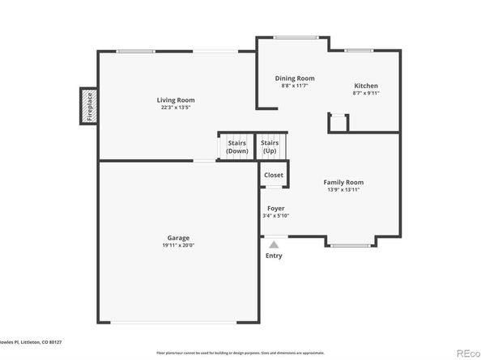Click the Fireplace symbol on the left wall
[88, 106]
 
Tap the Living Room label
[176, 100]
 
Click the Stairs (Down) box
[236, 146]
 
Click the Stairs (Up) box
[270, 146]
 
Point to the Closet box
[274, 175]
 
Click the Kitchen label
[366, 86]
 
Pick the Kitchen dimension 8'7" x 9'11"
[366, 93]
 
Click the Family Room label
[343, 183]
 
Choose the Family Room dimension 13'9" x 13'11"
[343, 190]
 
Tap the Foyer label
[275, 208]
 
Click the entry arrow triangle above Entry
[275, 242]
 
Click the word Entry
[275, 256]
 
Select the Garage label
[179, 238]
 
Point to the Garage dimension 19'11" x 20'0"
[179, 245]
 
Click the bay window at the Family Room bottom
[351, 244]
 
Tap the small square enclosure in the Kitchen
[338, 123]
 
